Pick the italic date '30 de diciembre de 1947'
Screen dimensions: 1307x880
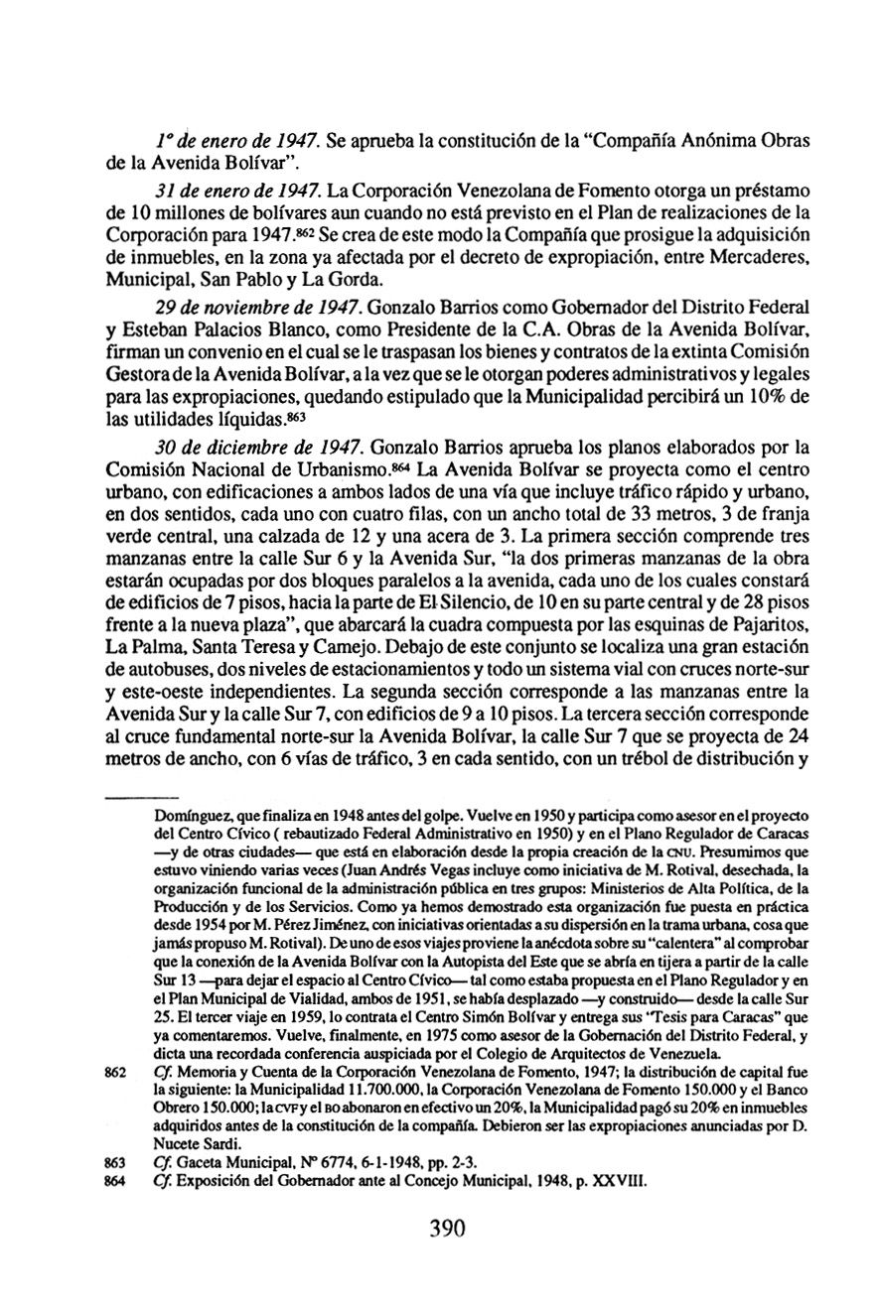pyautogui.click(x=235, y=432)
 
